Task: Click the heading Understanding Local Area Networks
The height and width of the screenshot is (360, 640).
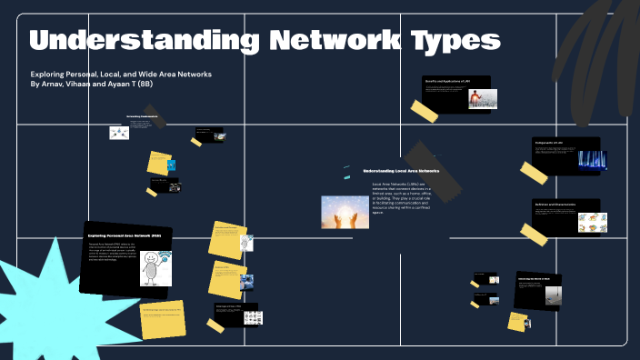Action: coord(401,170)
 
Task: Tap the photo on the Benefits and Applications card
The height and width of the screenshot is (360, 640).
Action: coord(482,99)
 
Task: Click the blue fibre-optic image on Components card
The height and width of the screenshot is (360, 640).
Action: coord(592,161)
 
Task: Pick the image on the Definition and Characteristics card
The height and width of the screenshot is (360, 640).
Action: coord(591,221)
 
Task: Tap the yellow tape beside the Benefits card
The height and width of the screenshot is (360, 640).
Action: coord(424,111)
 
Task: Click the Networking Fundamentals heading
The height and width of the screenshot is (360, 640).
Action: coord(142,116)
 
